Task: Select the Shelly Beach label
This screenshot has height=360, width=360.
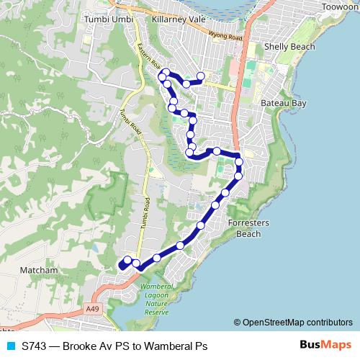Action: pos(290,47)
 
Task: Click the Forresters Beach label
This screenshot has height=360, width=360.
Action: pos(248,228)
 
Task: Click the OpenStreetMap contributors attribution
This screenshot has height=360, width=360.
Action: pos(292,323)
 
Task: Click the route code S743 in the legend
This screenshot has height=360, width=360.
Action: pos(35,346)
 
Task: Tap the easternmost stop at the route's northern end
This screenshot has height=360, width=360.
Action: pos(201,76)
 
